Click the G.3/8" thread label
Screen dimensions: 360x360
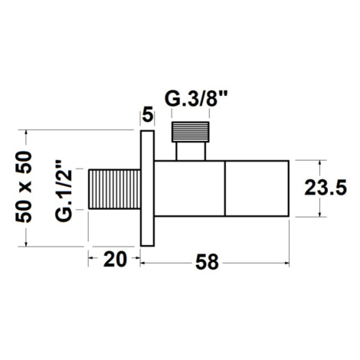point(196,100)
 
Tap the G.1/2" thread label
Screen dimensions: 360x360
point(64,191)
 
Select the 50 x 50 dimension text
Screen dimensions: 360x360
point(24,187)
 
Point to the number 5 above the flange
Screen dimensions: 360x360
point(148,115)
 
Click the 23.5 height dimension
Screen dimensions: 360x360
point(326,188)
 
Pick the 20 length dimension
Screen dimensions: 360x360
point(115,259)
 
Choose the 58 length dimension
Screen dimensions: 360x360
point(207,262)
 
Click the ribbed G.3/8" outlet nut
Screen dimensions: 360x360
point(191,132)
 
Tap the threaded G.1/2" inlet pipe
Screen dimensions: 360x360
point(114,189)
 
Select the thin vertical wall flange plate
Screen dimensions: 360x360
point(147,188)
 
